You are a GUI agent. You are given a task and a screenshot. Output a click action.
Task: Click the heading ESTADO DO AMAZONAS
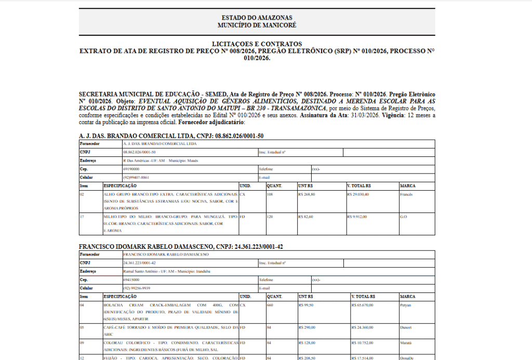pyautogui.click(x=257, y=18)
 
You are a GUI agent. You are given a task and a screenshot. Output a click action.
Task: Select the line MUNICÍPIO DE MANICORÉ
pyautogui.click(x=257, y=25)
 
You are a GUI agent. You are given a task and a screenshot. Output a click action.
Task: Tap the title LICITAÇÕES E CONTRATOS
pyautogui.click(x=257, y=44)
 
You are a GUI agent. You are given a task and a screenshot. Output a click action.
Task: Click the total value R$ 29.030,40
pyautogui.click(x=358, y=194)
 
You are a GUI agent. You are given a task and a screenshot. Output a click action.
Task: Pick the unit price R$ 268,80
pyautogui.click(x=307, y=194)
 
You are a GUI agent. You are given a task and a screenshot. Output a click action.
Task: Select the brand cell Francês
pyautogui.click(x=407, y=194)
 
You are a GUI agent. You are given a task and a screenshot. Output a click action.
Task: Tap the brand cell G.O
pyautogui.click(x=404, y=217)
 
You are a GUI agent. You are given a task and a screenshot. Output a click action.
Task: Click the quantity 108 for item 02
pyautogui.click(x=270, y=194)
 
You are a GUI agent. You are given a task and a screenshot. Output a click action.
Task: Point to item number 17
pyautogui.click(x=82, y=217)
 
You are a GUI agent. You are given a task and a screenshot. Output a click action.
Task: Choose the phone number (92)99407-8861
pyautogui.click(x=136, y=178)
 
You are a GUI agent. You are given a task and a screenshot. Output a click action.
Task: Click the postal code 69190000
pyautogui.click(x=131, y=169)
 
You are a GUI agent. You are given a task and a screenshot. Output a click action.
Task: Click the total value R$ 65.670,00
pyautogui.click(x=362, y=305)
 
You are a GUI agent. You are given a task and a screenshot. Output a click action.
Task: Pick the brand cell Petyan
pyautogui.click(x=406, y=305)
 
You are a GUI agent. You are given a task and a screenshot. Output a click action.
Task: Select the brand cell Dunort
pyautogui.click(x=406, y=328)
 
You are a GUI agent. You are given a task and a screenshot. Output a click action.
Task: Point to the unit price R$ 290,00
pyautogui.click(x=307, y=328)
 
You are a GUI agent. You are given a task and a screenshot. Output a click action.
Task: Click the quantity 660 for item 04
pyautogui.click(x=270, y=305)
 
